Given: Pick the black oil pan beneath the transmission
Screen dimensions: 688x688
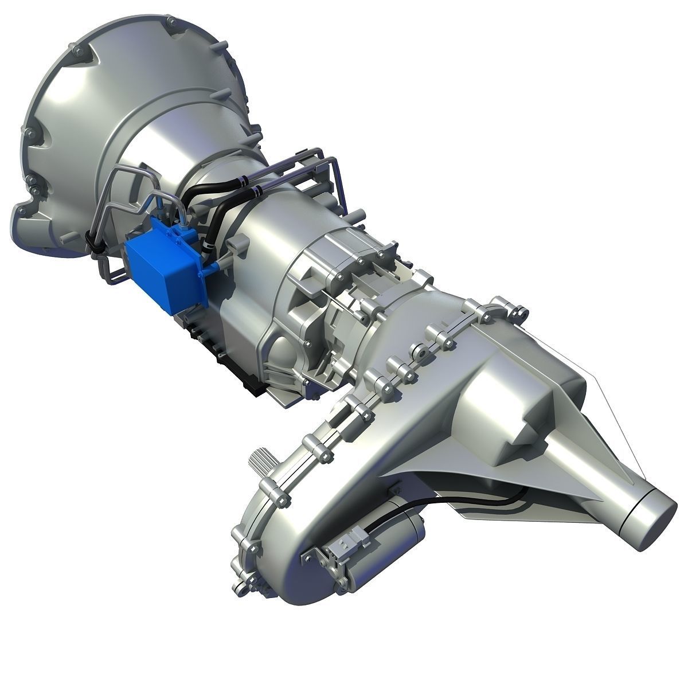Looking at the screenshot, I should coord(229,361).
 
